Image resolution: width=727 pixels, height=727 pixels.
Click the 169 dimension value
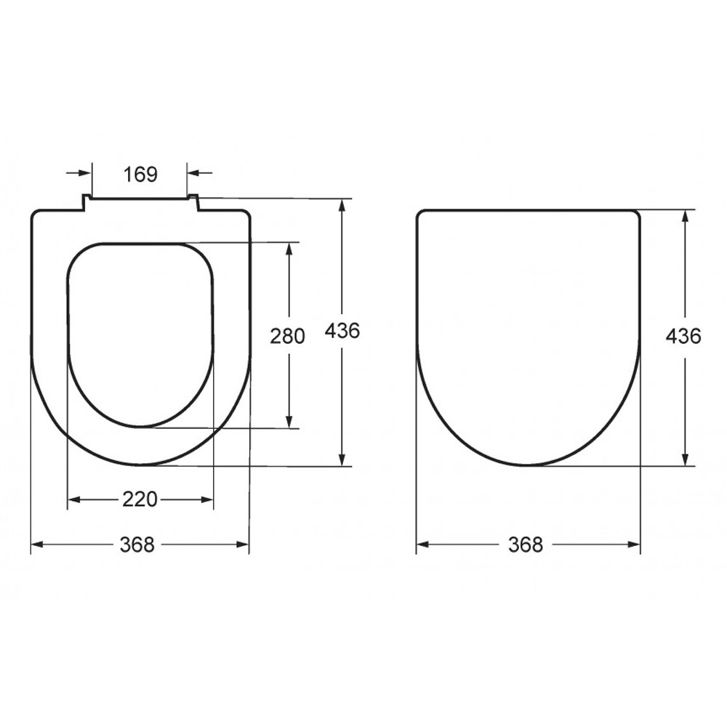pos(140,174)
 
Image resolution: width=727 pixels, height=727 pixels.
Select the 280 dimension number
pos(287,336)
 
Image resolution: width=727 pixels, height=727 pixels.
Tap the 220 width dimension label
pos(140,499)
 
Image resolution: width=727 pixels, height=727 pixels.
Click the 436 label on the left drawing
pos(342,331)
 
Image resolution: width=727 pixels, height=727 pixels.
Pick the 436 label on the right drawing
pos(683,336)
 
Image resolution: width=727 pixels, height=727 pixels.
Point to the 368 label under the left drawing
pos(137,545)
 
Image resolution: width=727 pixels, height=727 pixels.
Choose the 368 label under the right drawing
pos(526,545)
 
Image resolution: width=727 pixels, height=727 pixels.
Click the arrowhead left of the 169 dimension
pos(85,173)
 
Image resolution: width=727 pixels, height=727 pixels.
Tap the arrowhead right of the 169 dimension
pos(193,173)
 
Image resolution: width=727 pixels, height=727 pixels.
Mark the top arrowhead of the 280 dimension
pos(289,249)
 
